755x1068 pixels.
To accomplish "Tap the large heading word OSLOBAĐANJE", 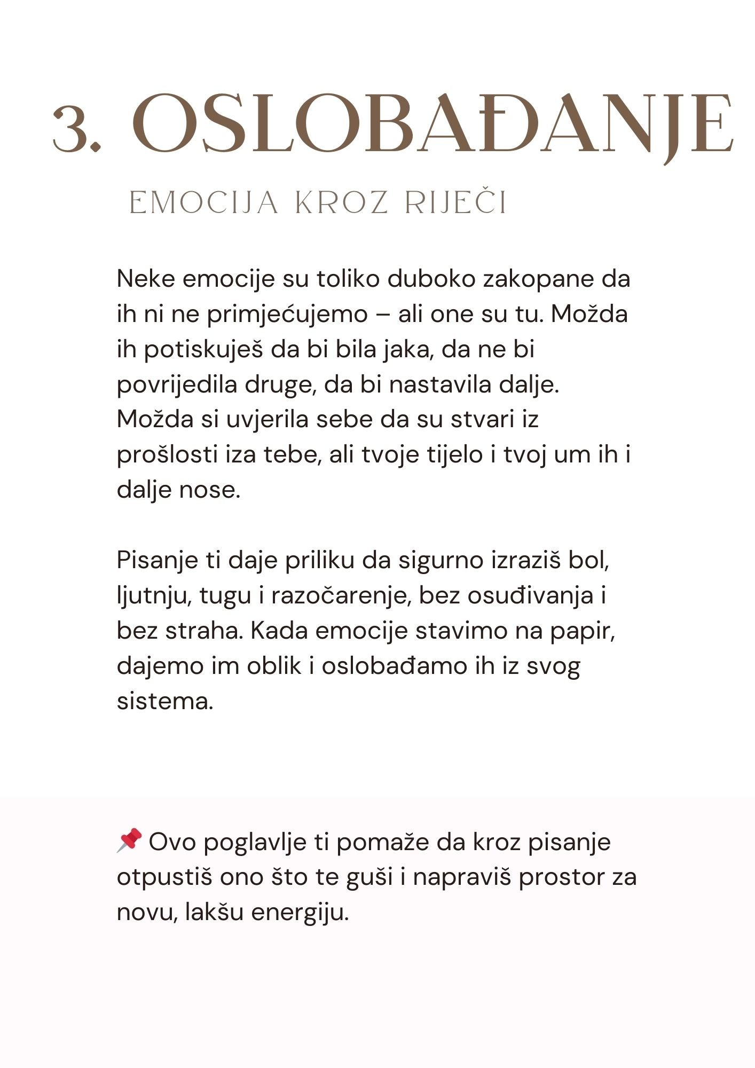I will point(432,124).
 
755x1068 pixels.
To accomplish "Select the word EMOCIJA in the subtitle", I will point(204,203).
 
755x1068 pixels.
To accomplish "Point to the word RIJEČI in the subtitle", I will point(455,203).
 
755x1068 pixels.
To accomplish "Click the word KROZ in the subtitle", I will point(341,203).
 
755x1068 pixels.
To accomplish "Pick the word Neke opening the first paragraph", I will point(146,279).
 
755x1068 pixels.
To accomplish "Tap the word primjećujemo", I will point(287,314).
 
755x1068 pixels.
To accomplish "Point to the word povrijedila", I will point(177,384).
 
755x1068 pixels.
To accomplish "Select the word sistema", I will point(164,702).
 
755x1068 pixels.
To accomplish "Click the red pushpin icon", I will point(129,840).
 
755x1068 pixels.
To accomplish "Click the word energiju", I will point(300,913).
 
